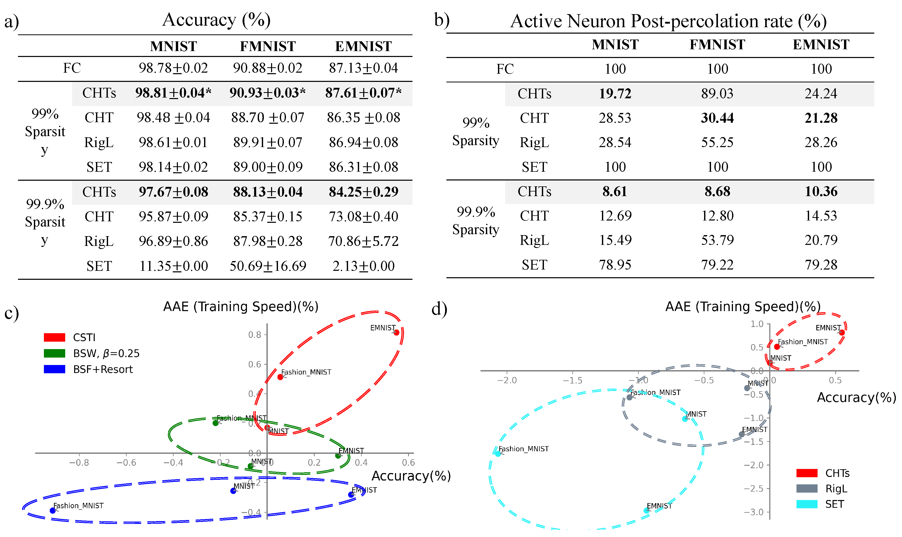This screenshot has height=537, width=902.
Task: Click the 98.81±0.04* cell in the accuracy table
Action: [x=173, y=93]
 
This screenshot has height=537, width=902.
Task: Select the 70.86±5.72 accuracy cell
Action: [x=363, y=241]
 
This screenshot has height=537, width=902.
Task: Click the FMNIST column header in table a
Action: [x=267, y=46]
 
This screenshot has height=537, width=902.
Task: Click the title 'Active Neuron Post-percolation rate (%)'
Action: [x=668, y=21]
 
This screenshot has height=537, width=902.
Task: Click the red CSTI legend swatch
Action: [x=54, y=338]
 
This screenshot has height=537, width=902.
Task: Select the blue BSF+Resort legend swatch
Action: [x=54, y=369]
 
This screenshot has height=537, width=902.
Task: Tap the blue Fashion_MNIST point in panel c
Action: [x=52, y=511]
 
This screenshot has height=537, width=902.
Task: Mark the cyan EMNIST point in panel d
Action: [x=646, y=511]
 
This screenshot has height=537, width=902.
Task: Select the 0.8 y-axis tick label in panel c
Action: [x=254, y=335]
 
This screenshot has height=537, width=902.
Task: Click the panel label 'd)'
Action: [x=439, y=309]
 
